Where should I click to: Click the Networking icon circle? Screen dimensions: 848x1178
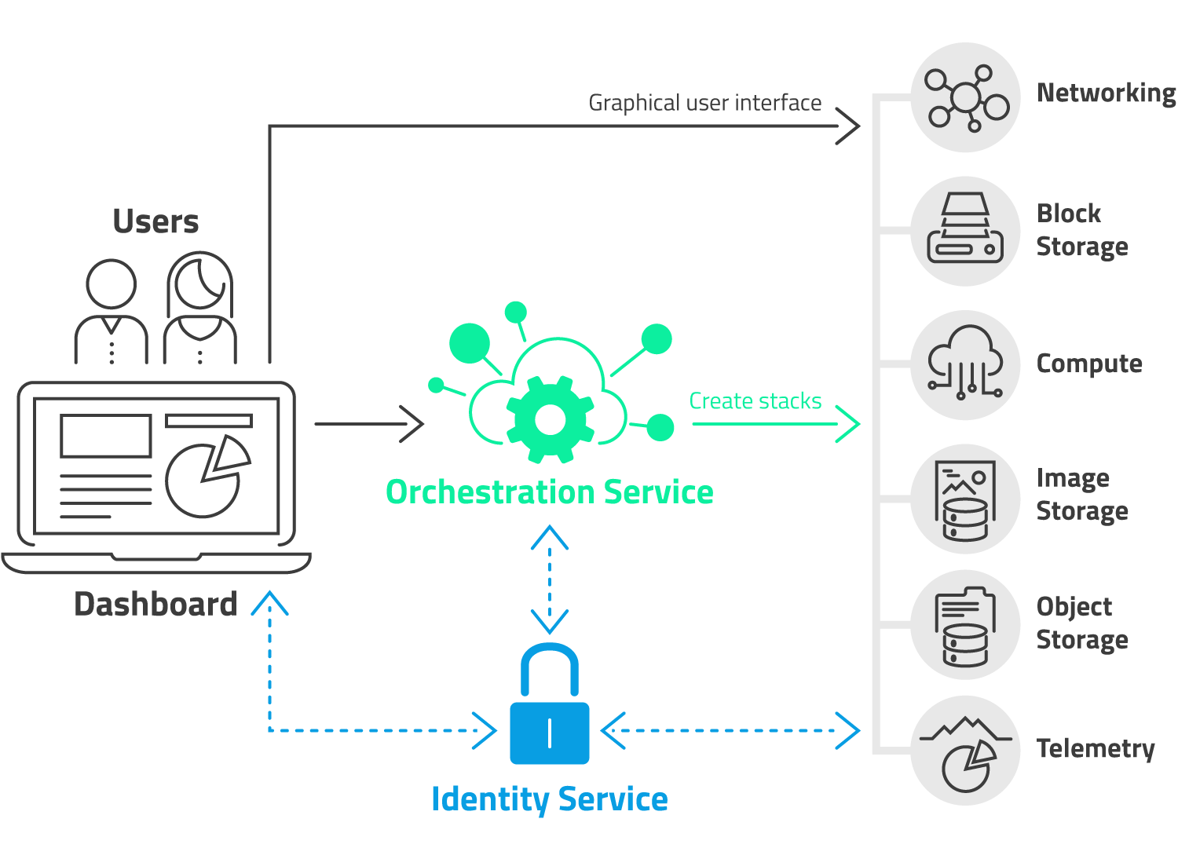[x=965, y=97]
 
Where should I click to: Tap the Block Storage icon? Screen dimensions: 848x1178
[x=965, y=231]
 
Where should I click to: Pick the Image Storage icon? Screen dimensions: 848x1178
[x=965, y=499]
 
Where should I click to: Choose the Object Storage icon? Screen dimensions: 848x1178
[x=965, y=625]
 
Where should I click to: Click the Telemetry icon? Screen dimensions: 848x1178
[x=965, y=751]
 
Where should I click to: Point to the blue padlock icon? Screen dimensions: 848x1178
[x=550, y=707]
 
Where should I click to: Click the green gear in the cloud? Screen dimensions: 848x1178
[x=551, y=420]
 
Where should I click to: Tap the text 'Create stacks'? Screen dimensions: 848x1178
[x=755, y=401]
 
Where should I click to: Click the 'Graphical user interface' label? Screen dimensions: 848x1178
[x=704, y=103]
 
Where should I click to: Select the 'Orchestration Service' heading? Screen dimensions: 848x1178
[x=550, y=492]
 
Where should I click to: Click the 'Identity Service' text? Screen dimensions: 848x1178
[x=550, y=799]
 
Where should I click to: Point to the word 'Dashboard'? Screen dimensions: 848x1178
[x=155, y=605]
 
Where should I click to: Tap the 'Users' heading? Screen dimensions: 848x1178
[x=155, y=221]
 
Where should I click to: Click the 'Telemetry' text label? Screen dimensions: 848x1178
[x=1096, y=748]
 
